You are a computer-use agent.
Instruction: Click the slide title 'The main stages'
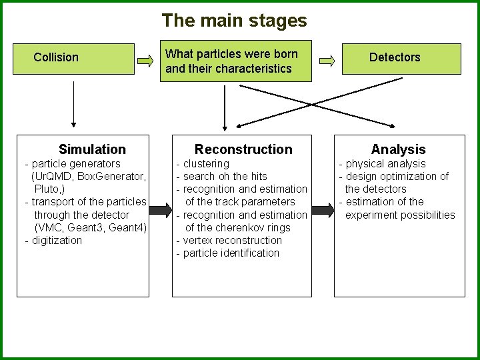pos(234,21)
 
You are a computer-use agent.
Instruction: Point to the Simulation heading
pos(92,149)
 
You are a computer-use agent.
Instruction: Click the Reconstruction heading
pos(243,149)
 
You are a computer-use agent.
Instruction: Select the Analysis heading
pos(398,149)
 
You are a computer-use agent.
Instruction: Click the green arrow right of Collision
pos(145,61)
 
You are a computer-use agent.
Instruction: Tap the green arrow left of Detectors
pos(327,61)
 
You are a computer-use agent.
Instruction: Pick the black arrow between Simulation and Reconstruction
pos(161,211)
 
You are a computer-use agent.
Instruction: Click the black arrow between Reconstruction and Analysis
pos(322,211)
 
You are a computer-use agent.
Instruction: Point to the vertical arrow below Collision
pos(73,100)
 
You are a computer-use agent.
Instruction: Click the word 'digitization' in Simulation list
pos(57,240)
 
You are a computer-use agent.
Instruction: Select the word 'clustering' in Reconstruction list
pos(206,163)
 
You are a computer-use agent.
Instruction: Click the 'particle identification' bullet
pos(231,253)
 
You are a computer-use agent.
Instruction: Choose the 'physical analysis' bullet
pos(385,163)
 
